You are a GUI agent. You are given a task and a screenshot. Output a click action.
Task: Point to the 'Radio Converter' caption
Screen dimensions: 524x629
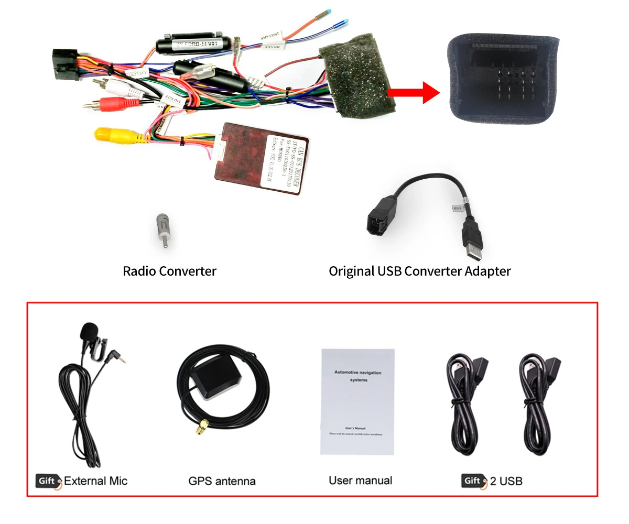coord(169,271)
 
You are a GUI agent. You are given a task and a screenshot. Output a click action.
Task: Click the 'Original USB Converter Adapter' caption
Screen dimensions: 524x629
coord(419,271)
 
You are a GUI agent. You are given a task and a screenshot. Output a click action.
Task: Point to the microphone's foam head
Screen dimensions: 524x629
coord(89,331)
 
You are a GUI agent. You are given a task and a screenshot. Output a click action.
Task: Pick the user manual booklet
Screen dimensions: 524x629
coord(357,401)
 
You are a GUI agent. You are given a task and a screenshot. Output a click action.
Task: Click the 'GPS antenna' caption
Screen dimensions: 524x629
coord(222,481)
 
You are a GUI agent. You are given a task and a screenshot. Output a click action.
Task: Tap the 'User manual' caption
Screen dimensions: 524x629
coord(361,480)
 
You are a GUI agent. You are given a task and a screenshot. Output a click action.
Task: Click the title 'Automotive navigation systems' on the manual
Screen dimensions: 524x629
coord(358,376)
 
